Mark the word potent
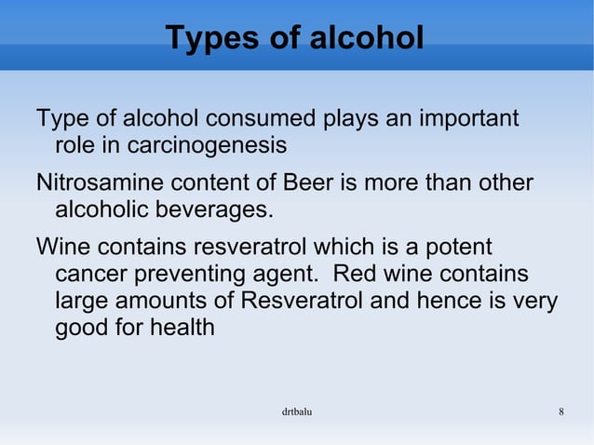460,249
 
